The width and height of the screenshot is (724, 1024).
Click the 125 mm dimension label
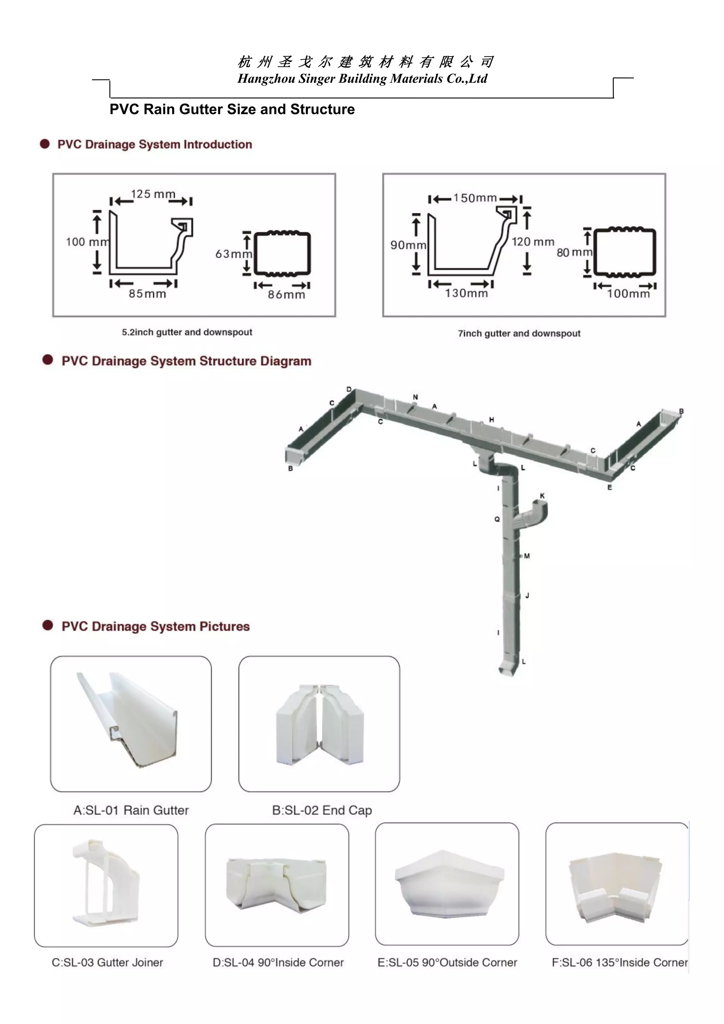tap(153, 194)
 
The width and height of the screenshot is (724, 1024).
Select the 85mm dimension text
tap(147, 294)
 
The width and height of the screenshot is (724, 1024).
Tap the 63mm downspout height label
tap(234, 254)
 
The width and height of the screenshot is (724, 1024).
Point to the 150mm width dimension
tap(475, 198)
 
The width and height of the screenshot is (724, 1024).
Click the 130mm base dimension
tap(466, 293)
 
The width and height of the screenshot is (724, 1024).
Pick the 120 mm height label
tap(533, 242)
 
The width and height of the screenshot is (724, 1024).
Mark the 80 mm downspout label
tap(574, 252)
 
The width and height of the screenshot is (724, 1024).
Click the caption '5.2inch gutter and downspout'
tap(187, 332)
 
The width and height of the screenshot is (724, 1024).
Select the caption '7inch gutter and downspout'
tap(519, 333)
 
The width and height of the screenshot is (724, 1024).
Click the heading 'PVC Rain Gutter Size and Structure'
tap(232, 110)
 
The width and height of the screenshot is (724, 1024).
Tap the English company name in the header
tap(362, 79)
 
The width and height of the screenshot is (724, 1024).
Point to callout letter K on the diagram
tap(542, 496)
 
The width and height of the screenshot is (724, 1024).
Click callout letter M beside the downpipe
tap(527, 556)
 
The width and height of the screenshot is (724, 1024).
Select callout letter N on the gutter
tap(415, 397)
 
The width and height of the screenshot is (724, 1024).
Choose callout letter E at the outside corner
tap(609, 488)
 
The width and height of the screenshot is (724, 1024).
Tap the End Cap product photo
tap(319, 723)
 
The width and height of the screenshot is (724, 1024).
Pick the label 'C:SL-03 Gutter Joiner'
tap(107, 962)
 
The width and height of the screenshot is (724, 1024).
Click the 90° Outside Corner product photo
tap(447, 884)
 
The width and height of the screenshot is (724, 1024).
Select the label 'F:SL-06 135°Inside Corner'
tap(620, 962)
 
